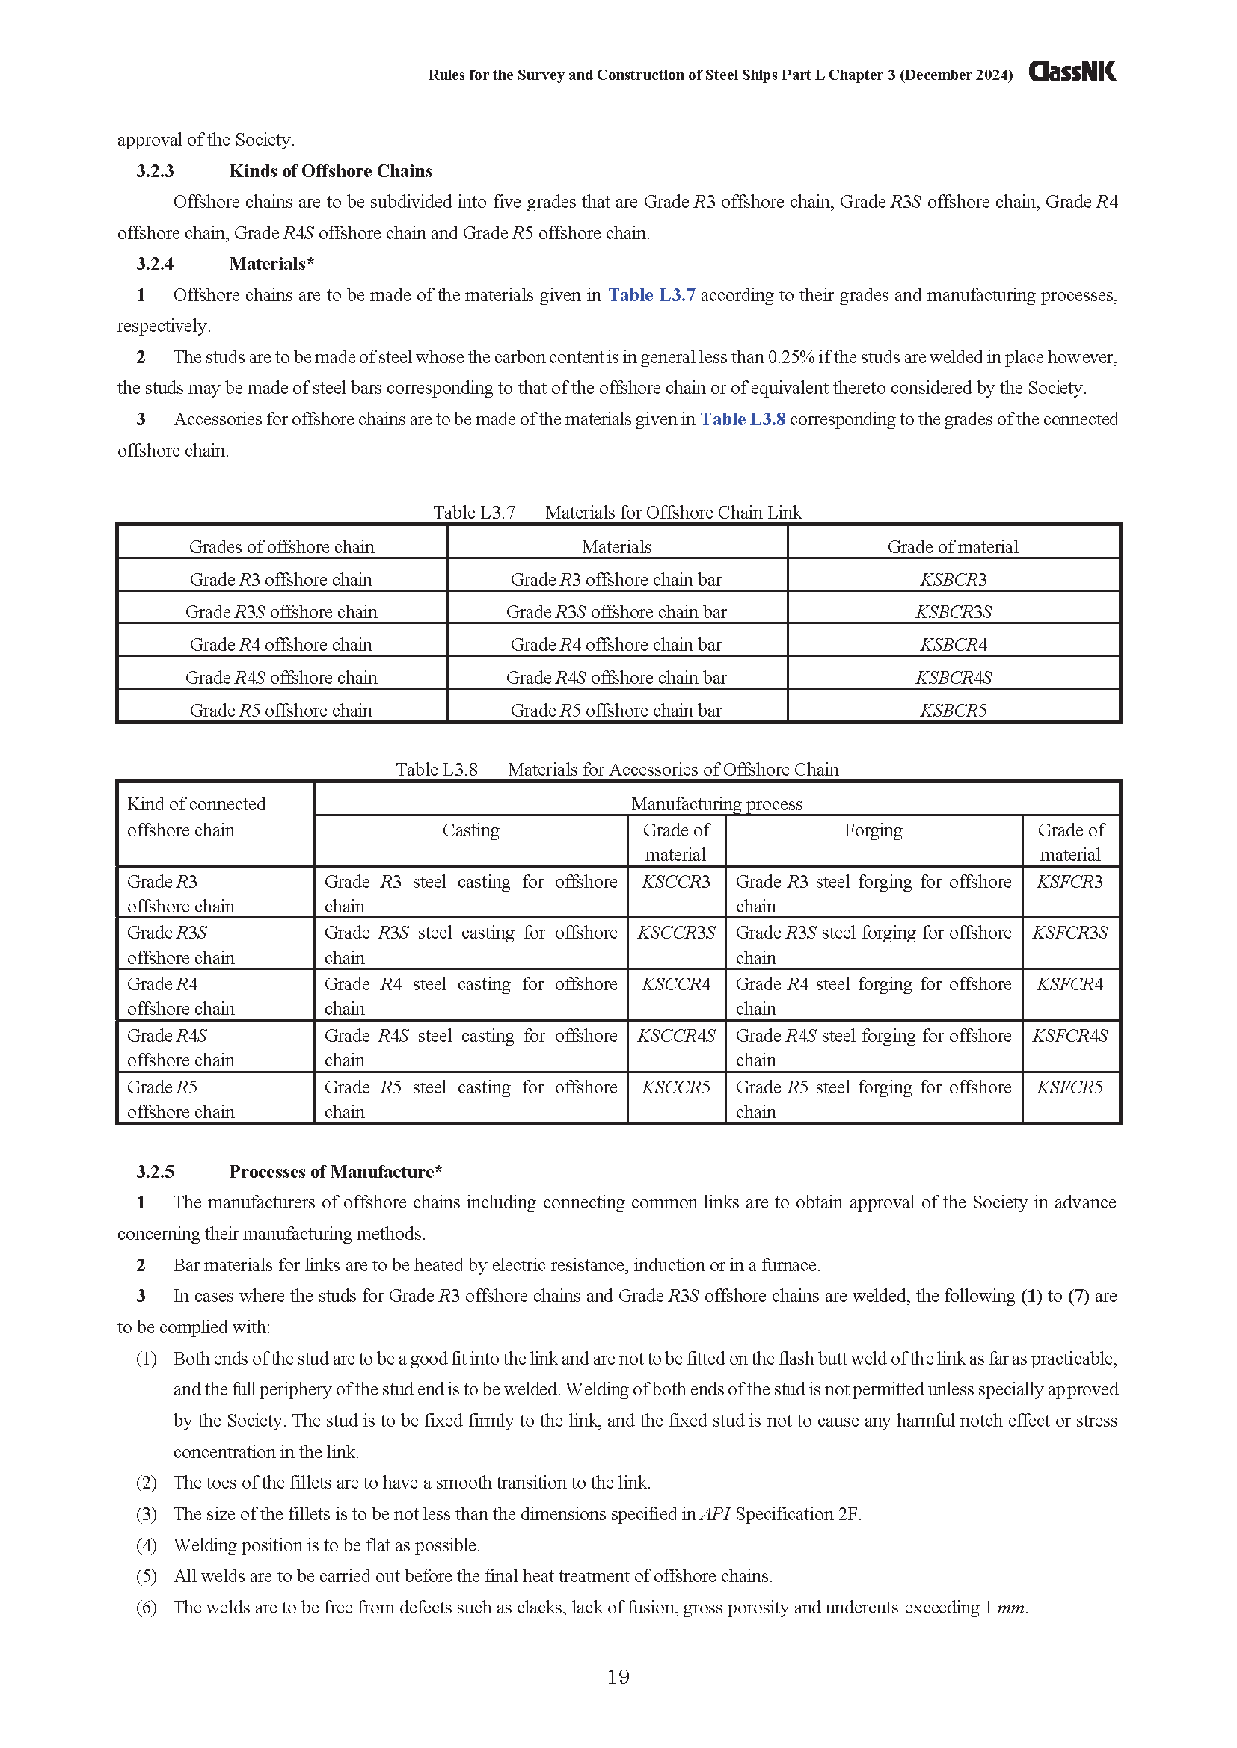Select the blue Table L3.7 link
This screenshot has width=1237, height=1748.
tap(651, 295)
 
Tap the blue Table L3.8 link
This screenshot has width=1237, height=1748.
tap(743, 419)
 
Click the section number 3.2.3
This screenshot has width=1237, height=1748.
tap(156, 171)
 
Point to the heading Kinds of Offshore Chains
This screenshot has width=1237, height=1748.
tap(331, 171)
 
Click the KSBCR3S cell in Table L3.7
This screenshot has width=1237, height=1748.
tap(953, 612)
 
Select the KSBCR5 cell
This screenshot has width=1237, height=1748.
tap(953, 710)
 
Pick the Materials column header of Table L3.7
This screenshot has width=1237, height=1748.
tap(616, 546)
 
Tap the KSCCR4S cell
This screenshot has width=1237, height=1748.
tap(676, 1035)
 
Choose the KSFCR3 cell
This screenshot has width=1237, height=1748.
tap(1069, 882)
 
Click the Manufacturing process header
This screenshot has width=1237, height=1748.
tap(716, 803)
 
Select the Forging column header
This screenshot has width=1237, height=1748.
tap(873, 830)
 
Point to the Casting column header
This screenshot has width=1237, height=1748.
tap(470, 830)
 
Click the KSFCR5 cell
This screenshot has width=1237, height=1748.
tap(1069, 1087)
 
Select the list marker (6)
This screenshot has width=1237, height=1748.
tap(147, 1608)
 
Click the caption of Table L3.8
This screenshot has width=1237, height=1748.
tap(617, 770)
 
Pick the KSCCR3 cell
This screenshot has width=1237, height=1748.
tap(675, 882)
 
